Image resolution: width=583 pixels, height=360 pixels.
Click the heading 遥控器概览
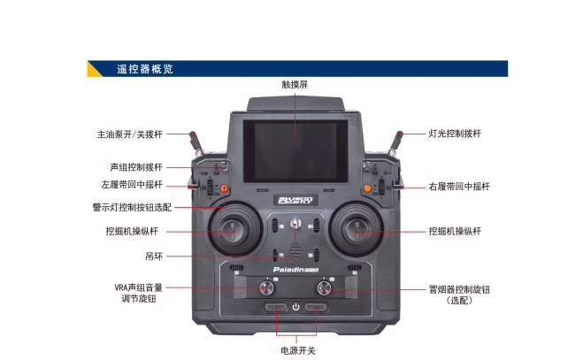[x=144, y=68]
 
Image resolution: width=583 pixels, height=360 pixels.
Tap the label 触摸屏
[x=295, y=85]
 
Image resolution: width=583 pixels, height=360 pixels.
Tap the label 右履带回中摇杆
[x=458, y=187]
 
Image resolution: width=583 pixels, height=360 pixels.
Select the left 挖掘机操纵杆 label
[x=132, y=231]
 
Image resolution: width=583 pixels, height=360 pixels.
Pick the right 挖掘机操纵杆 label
[x=455, y=231]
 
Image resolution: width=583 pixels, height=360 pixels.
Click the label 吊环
[x=154, y=256]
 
